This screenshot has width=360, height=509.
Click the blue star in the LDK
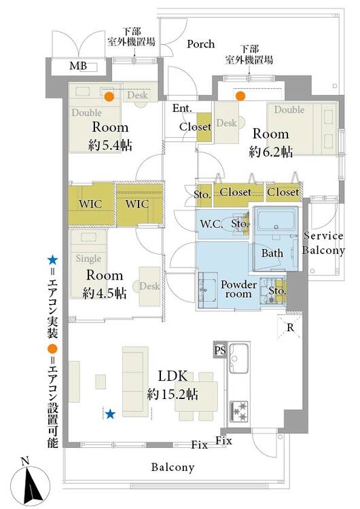(x=111, y=414)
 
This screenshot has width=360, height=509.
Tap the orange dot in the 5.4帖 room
(x=109, y=96)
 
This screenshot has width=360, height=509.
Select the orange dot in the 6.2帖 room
(x=240, y=96)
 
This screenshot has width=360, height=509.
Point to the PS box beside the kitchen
(x=220, y=350)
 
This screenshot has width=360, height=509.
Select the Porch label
(x=201, y=44)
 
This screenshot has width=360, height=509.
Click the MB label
(x=78, y=66)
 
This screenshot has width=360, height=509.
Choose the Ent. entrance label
(x=182, y=108)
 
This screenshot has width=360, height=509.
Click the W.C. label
(x=211, y=224)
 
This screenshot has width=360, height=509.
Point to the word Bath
(x=272, y=253)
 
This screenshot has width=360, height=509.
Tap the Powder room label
(x=239, y=289)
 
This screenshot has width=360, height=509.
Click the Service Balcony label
(x=323, y=243)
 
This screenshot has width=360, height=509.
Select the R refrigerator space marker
(x=290, y=328)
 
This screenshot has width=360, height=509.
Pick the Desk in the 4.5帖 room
(x=149, y=286)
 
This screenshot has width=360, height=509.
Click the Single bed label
(x=88, y=259)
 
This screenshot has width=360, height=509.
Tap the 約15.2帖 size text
(x=173, y=394)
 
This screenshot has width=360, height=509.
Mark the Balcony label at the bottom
(x=173, y=467)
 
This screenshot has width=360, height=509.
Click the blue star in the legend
(x=52, y=260)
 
